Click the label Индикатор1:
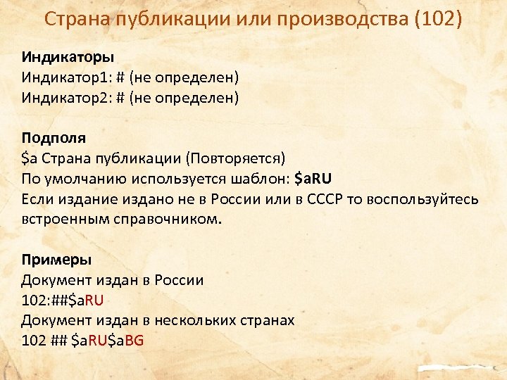(x=62, y=76)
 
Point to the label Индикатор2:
(x=62, y=97)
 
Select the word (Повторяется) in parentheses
(x=245, y=158)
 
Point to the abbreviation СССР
(x=324, y=198)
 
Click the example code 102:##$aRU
(x=63, y=300)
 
